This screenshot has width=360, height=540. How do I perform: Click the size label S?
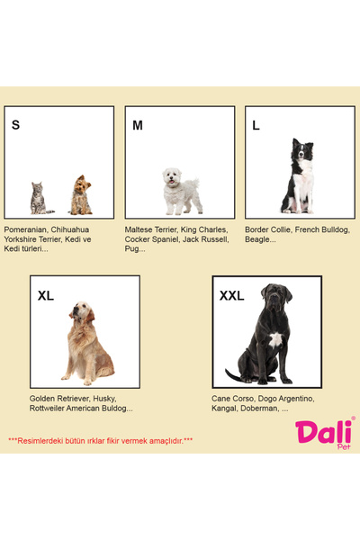(15, 125)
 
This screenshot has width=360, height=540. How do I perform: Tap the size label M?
(138, 125)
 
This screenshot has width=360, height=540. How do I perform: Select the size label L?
(256, 125)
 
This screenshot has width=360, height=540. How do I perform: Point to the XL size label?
(46, 295)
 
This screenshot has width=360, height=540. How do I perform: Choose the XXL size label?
(231, 295)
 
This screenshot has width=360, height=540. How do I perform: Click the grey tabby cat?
(41, 198)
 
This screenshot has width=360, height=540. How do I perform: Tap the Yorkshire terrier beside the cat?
(81, 195)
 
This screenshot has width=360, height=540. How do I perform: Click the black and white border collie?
(298, 175)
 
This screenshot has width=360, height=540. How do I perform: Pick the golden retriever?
(88, 343)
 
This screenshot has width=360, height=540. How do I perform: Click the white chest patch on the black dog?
(275, 340)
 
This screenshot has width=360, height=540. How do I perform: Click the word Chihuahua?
(70, 229)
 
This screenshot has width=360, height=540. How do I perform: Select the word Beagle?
(256, 239)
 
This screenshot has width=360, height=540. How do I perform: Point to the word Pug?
(131, 249)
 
